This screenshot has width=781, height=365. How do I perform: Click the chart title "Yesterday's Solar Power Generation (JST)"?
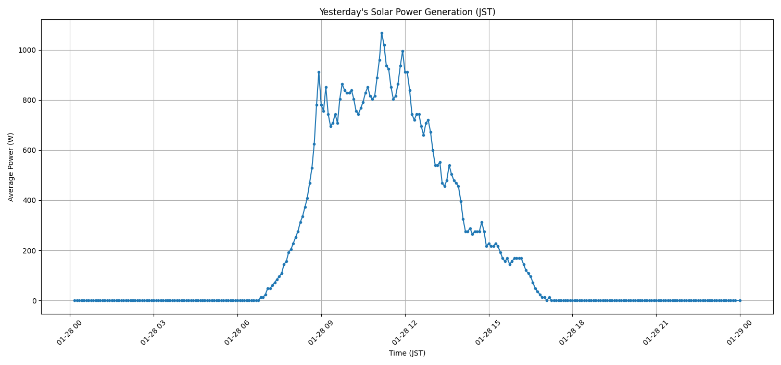tap(407, 12)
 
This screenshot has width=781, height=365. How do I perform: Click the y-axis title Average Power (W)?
tap(11, 167)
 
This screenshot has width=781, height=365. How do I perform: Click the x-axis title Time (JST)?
tap(407, 353)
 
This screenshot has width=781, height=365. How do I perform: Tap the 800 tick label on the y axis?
tap(29, 101)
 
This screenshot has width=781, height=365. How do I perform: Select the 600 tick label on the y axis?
tap(29, 151)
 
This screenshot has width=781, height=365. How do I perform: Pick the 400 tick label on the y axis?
tap(29, 201)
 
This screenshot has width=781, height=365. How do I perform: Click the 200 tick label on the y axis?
tap(29, 251)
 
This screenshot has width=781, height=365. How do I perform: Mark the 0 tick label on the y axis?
tap(34, 301)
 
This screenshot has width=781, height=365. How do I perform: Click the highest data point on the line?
tap(382, 33)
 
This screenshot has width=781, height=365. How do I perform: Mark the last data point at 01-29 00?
tap(740, 300)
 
